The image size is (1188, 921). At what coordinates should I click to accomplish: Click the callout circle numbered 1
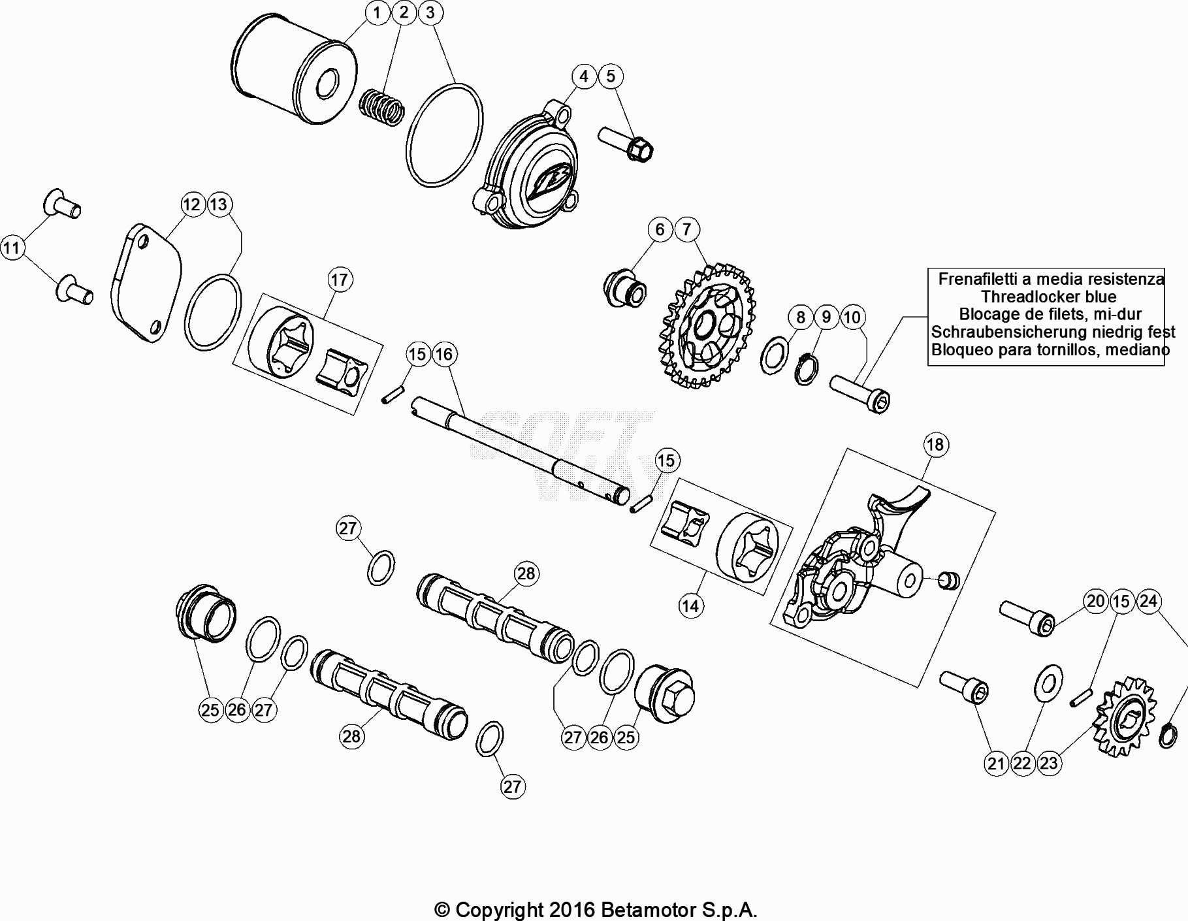377,12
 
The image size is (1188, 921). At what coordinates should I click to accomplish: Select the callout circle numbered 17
340,280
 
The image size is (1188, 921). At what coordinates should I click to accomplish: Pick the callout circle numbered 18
935,445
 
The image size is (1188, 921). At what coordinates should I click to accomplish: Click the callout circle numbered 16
443,355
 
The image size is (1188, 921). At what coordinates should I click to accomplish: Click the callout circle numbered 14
690,606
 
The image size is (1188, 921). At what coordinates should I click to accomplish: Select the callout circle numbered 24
1148,601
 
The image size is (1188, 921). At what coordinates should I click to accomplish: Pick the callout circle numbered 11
12,248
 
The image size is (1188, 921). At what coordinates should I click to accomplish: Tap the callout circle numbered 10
852,318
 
